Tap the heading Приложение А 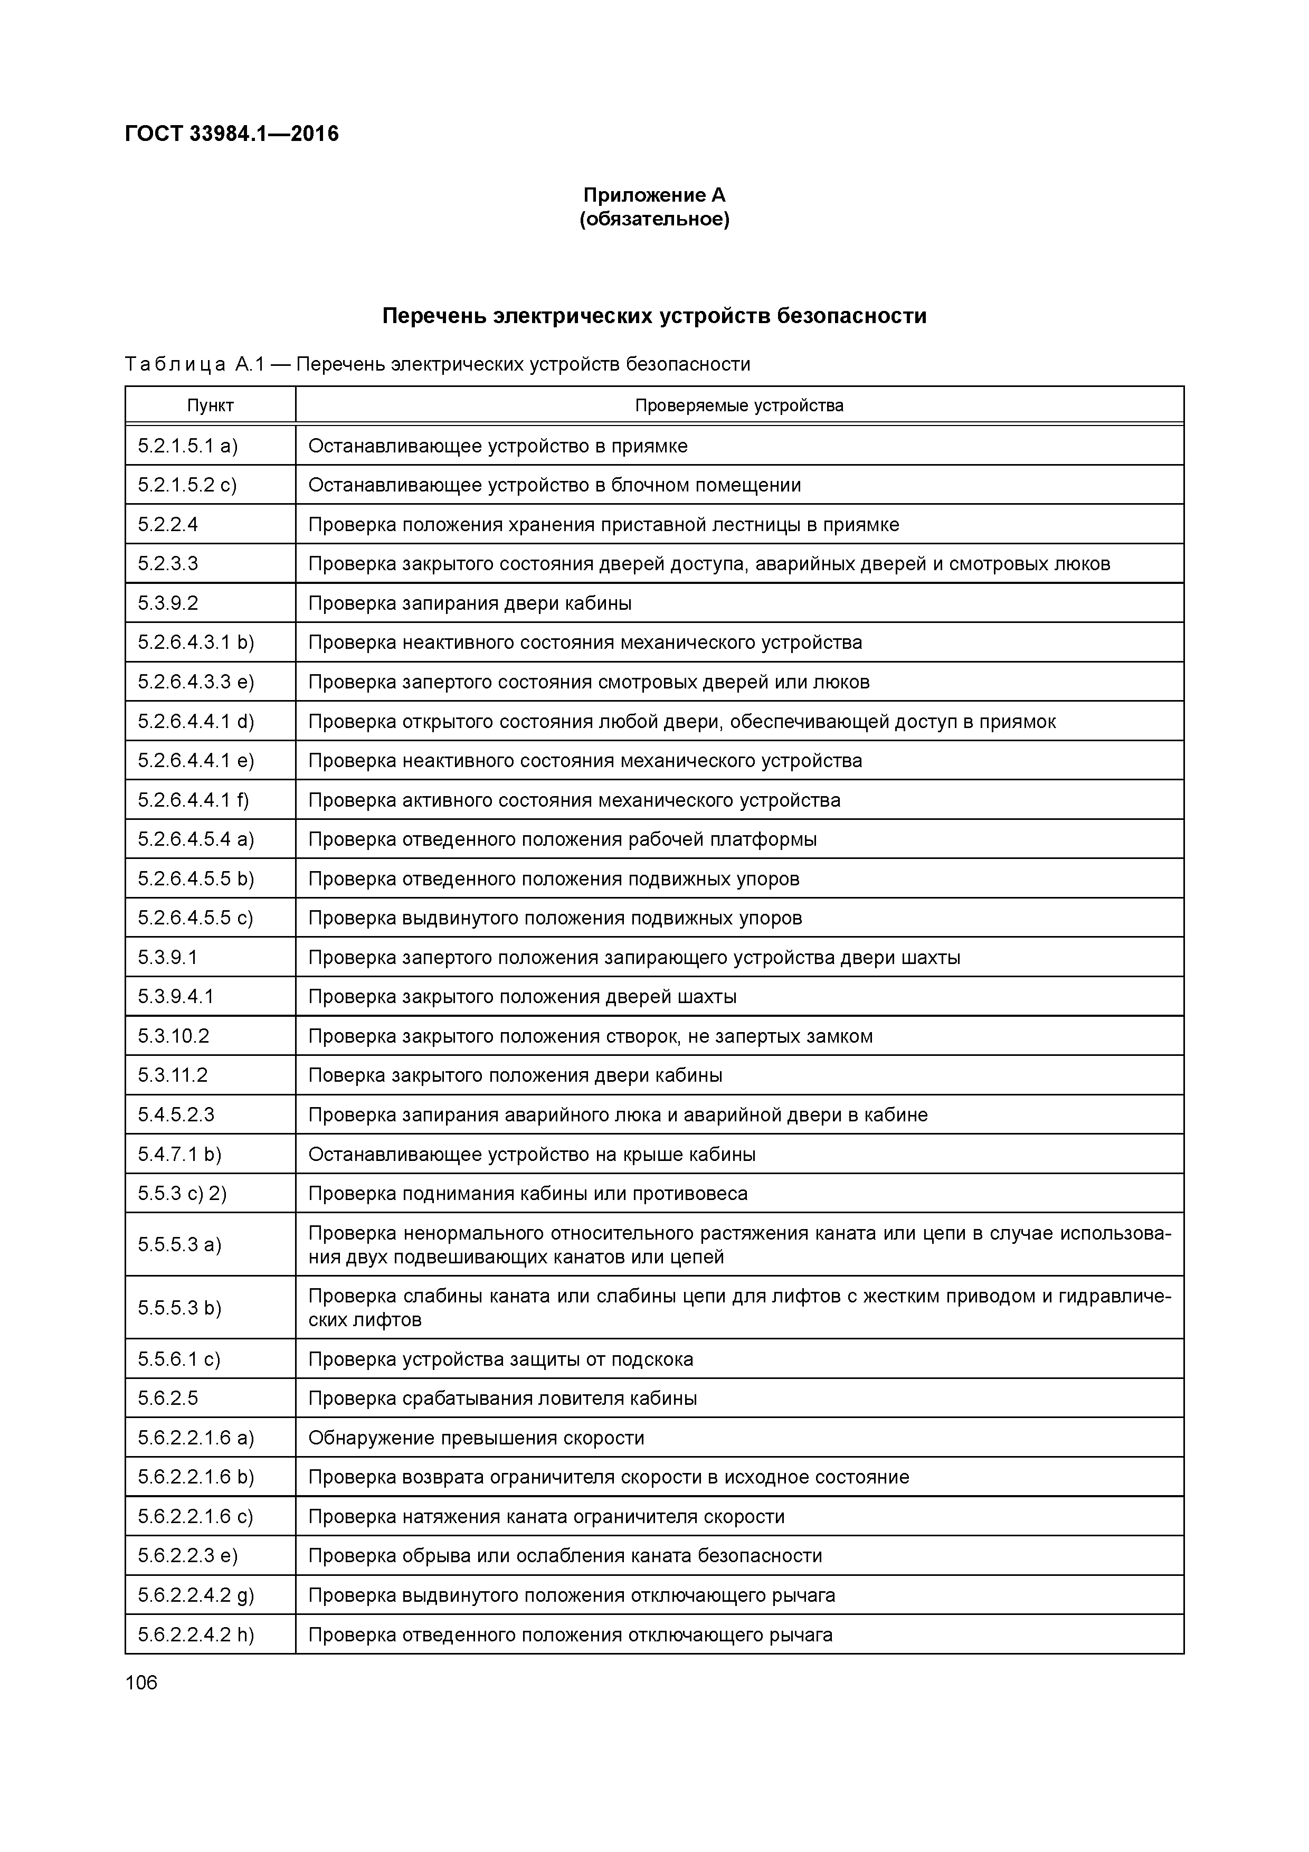(x=654, y=195)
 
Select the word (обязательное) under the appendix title (x=654, y=220)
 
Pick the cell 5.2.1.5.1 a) (x=188, y=446)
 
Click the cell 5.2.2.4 (x=168, y=525)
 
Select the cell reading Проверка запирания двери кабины (x=469, y=603)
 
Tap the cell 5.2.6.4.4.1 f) (x=194, y=800)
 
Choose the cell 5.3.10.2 (x=174, y=1036)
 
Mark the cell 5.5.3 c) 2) (x=182, y=1194)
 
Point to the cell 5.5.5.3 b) (x=179, y=1308)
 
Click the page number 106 (x=141, y=1683)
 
